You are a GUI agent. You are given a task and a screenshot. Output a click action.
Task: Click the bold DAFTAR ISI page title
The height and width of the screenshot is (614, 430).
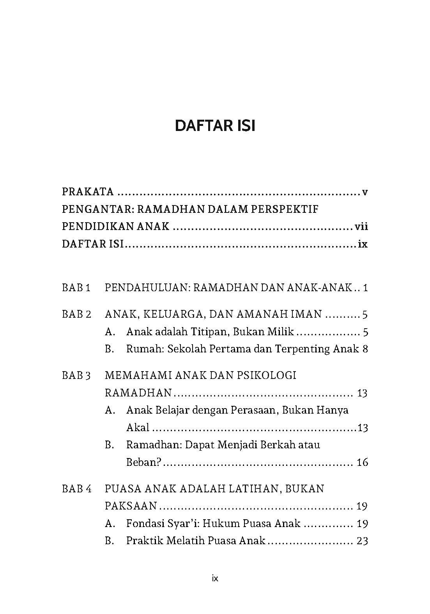tap(215, 126)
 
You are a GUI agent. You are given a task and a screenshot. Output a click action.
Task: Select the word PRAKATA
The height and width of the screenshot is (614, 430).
tap(88, 192)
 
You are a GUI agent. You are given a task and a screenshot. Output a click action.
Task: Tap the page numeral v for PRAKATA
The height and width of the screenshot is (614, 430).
tap(365, 192)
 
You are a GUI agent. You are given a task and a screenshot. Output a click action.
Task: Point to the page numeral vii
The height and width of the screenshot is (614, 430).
tap(361, 226)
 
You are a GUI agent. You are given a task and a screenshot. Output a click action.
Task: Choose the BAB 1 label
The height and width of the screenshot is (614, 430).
tap(76, 288)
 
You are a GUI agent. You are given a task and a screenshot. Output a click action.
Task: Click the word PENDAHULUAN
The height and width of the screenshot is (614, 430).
tap(147, 288)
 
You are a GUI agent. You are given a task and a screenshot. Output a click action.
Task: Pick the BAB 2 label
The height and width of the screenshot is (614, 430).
tap(76, 314)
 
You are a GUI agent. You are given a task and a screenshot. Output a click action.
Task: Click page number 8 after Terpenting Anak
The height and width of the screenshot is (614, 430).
tap(365, 349)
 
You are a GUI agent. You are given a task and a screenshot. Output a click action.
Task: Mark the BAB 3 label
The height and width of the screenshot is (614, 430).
tap(76, 375)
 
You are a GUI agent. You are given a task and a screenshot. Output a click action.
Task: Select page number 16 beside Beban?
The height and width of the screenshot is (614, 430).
tap(362, 463)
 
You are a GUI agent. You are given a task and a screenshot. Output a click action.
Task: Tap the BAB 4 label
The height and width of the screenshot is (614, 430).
tap(76, 489)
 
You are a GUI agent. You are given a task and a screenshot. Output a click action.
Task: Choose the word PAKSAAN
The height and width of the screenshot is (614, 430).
tap(131, 506)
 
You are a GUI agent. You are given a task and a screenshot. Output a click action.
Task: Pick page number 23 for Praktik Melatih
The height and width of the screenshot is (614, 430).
tap(362, 541)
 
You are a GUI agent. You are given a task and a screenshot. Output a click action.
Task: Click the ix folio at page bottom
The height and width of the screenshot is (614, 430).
tap(215, 579)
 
